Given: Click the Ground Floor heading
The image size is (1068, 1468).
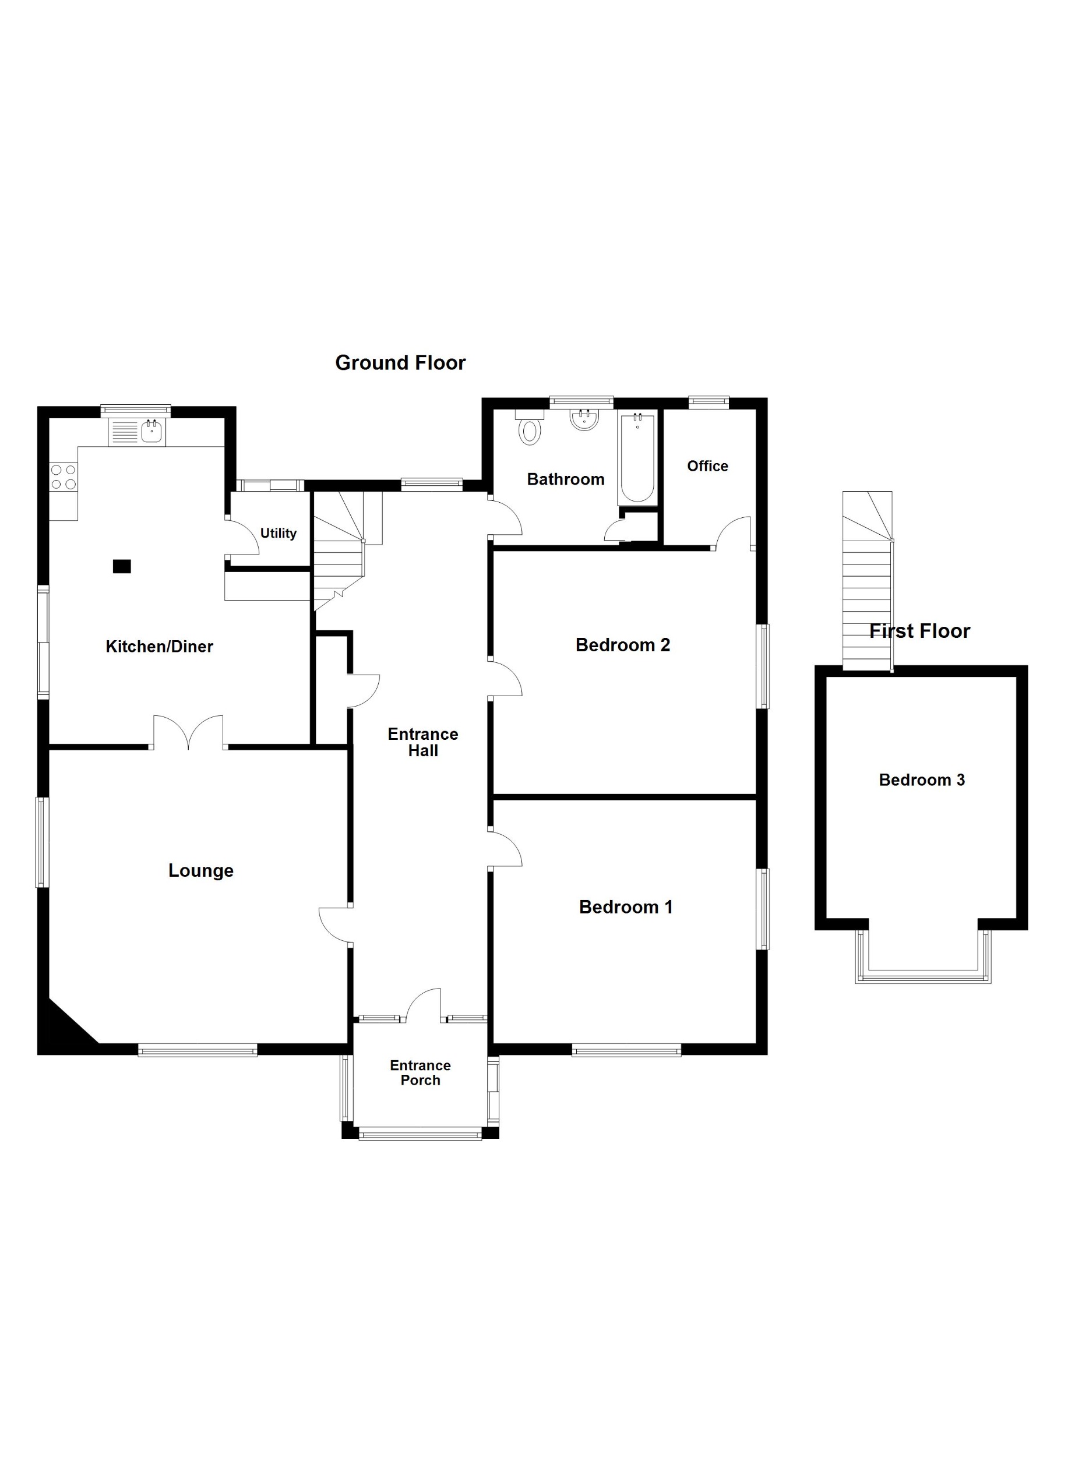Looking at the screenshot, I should (400, 363).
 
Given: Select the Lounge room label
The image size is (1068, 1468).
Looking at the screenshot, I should (200, 870).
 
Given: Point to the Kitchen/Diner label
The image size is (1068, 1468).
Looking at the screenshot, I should (159, 646).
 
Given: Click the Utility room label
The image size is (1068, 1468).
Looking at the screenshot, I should (279, 534).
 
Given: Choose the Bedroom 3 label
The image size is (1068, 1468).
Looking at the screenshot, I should (922, 780).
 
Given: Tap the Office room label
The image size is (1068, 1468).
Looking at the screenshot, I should (707, 466).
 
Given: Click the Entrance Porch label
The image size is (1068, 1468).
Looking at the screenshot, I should (420, 1072).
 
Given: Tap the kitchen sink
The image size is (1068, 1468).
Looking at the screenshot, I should (151, 430).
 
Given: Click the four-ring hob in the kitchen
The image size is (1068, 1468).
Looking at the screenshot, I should (64, 477).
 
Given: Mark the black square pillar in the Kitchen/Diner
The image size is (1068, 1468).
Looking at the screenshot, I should (122, 566).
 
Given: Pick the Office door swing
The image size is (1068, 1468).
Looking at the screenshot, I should (733, 532).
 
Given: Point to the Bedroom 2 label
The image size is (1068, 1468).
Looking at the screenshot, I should (623, 645).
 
